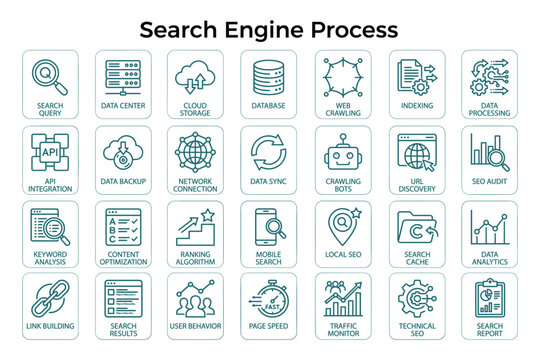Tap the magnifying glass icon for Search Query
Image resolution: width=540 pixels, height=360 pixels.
49,75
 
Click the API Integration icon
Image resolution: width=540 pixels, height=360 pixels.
49,151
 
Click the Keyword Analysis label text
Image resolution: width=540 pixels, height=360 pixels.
49,258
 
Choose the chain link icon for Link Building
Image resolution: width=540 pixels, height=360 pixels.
49,299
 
